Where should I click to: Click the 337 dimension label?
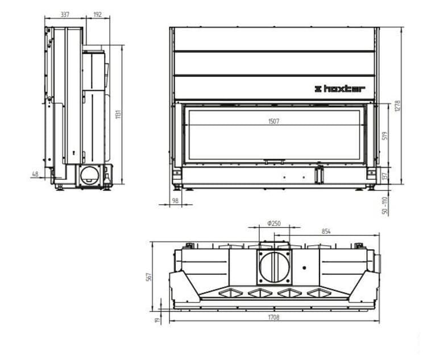(x=65, y=14)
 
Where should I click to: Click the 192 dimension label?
(x=97, y=14)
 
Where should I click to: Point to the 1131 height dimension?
(x=119, y=114)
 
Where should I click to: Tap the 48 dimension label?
(x=35, y=173)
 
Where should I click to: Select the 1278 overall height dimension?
(x=397, y=106)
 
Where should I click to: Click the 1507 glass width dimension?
(x=273, y=121)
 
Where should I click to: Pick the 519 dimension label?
(x=384, y=135)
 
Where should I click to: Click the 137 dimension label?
(x=384, y=176)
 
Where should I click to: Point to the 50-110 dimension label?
(x=384, y=205)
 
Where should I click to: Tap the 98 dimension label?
(x=175, y=201)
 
